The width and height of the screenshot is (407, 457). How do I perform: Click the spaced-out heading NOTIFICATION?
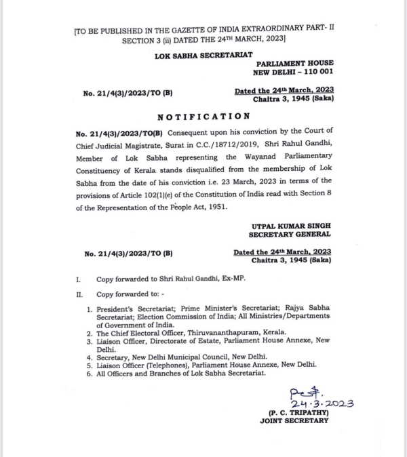pos(203,117)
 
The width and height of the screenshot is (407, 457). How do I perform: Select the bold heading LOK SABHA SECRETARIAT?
pos(203,54)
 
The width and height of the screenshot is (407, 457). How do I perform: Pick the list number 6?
pos(89,374)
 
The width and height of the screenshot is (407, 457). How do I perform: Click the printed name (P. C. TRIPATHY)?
pos(293,412)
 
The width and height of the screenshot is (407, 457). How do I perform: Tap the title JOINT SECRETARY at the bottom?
pos(294,421)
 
